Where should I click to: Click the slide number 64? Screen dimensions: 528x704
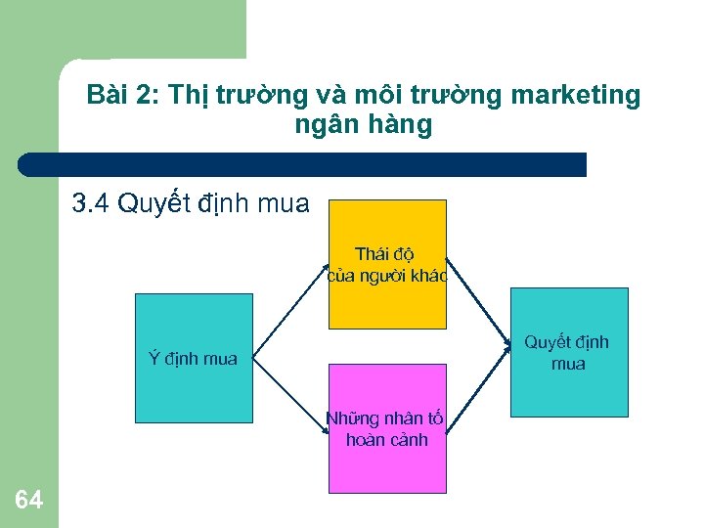tap(29, 500)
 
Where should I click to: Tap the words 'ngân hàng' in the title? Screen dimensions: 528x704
tap(362, 125)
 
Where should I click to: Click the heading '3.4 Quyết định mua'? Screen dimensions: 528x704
tap(191, 203)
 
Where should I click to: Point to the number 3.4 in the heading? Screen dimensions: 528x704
tap(92, 203)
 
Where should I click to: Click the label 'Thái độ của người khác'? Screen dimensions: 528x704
tap(387, 265)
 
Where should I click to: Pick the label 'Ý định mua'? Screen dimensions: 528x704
tap(193, 359)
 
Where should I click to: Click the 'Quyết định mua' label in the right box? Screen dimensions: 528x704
tap(567, 353)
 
